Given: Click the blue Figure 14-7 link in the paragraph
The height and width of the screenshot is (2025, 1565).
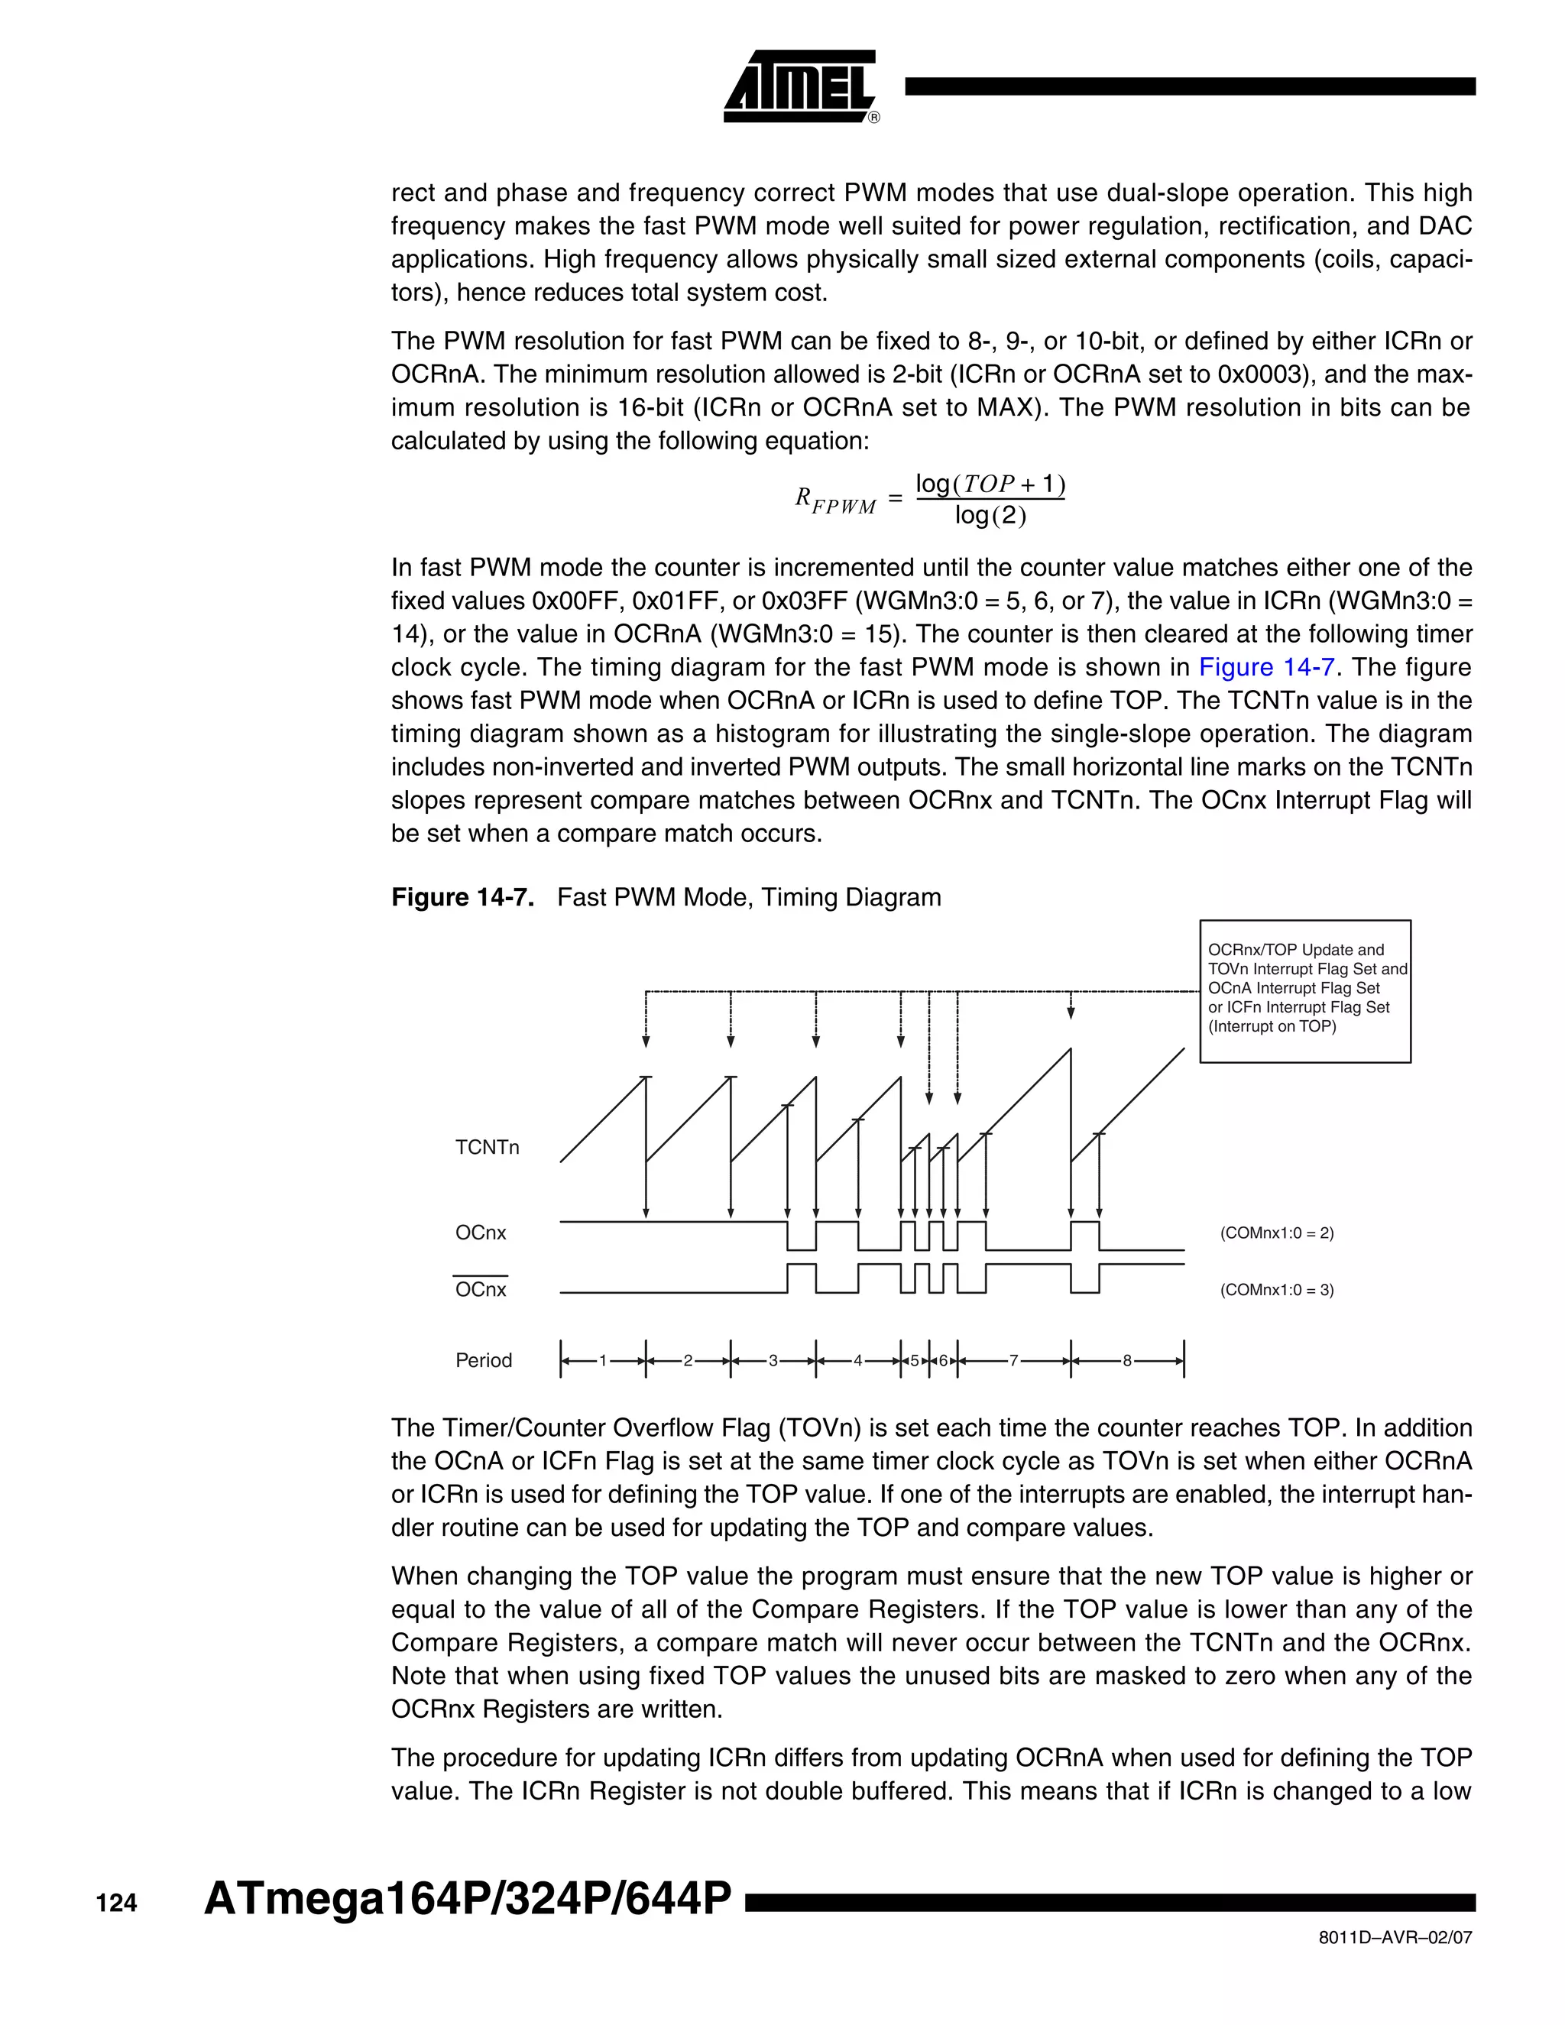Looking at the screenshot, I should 1265,668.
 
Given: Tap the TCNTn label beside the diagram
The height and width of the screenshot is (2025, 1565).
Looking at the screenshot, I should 487,1148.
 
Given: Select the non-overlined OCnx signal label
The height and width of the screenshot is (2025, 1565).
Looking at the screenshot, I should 480,1233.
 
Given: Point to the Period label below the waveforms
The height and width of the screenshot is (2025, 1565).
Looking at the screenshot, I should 483,1360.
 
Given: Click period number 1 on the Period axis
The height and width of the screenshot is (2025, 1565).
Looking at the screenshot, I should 603,1361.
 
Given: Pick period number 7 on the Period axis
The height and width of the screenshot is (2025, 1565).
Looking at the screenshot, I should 1013,1361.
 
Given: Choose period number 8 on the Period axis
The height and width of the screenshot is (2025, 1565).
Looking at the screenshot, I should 1126,1361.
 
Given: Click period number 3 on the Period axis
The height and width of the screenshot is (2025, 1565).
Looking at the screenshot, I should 773,1361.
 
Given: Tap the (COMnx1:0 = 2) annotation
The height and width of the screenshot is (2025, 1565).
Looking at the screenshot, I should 1277,1233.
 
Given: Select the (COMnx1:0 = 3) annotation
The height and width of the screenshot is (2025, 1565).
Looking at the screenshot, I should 1277,1290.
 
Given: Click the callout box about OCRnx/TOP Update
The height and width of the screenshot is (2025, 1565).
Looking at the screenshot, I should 1304,990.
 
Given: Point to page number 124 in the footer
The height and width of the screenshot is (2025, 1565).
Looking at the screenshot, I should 117,1904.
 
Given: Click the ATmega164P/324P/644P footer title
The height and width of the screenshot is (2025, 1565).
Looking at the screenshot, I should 467,1898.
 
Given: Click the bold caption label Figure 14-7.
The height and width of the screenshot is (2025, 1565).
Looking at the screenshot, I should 462,898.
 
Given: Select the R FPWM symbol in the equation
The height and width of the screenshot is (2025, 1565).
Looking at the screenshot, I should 834,501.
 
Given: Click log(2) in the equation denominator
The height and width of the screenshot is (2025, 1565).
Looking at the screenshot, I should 990,516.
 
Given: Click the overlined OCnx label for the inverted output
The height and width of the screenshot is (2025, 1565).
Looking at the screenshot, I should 480,1290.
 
